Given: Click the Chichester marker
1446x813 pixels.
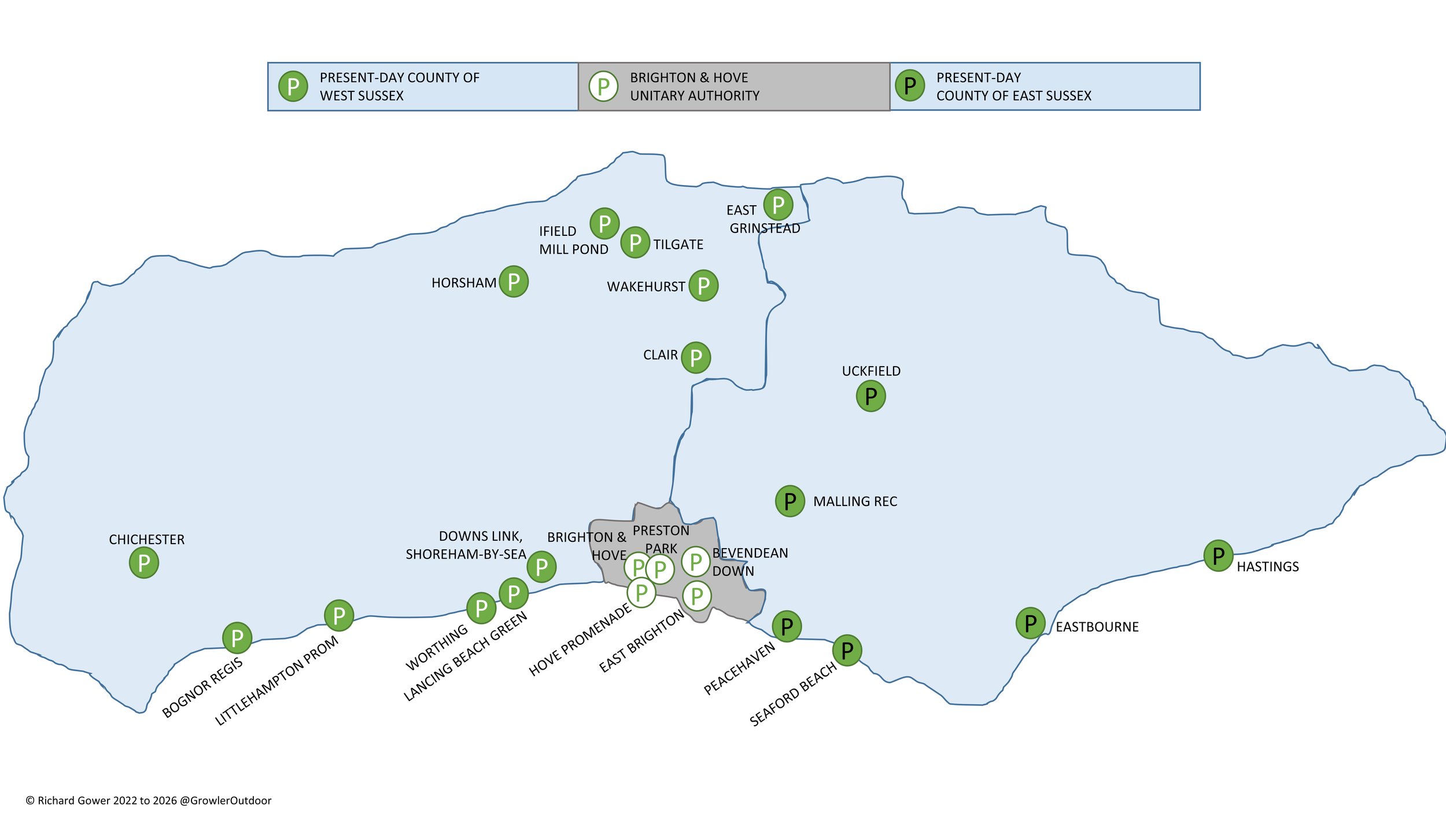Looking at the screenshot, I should [144, 563].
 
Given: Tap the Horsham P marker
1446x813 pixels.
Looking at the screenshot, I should [514, 282].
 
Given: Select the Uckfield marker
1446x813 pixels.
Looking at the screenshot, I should [870, 396].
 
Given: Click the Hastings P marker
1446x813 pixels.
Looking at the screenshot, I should [1218, 556].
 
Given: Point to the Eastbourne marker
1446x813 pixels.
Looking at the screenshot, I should [1030, 623].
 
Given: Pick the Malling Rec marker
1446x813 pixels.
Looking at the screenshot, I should [790, 501].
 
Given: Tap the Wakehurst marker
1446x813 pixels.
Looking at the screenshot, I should [703, 286].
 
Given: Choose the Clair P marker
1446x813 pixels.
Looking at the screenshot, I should [696, 358].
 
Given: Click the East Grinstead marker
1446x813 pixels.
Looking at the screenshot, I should [778, 205].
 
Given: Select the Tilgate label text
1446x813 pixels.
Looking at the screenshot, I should [678, 245].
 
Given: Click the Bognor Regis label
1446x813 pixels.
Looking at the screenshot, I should [202, 688].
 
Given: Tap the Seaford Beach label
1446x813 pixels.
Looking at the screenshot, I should [793, 694].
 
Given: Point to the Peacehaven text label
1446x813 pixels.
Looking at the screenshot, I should [739, 668].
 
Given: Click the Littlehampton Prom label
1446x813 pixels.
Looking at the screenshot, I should [276, 681].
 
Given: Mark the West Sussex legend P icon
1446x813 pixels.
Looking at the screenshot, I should [293, 87].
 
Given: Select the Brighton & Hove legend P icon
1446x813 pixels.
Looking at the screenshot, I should [603, 87].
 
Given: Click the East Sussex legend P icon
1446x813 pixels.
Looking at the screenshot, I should [910, 86].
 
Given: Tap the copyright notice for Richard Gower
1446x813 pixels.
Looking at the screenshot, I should [149, 800].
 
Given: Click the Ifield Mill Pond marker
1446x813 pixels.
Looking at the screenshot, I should [604, 223].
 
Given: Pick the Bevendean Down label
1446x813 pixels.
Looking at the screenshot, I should [750, 561].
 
